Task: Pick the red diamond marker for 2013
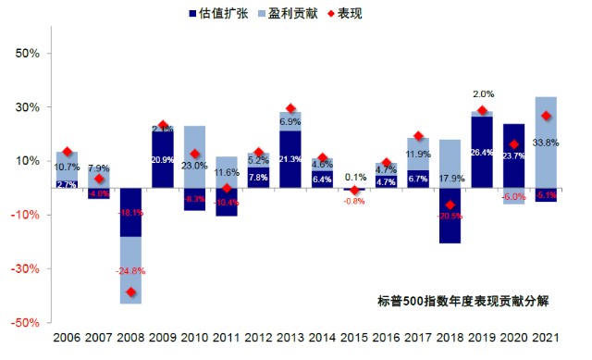tap(290, 109)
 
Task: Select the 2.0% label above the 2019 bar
tap(483, 94)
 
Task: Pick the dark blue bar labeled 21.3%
tap(290, 159)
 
